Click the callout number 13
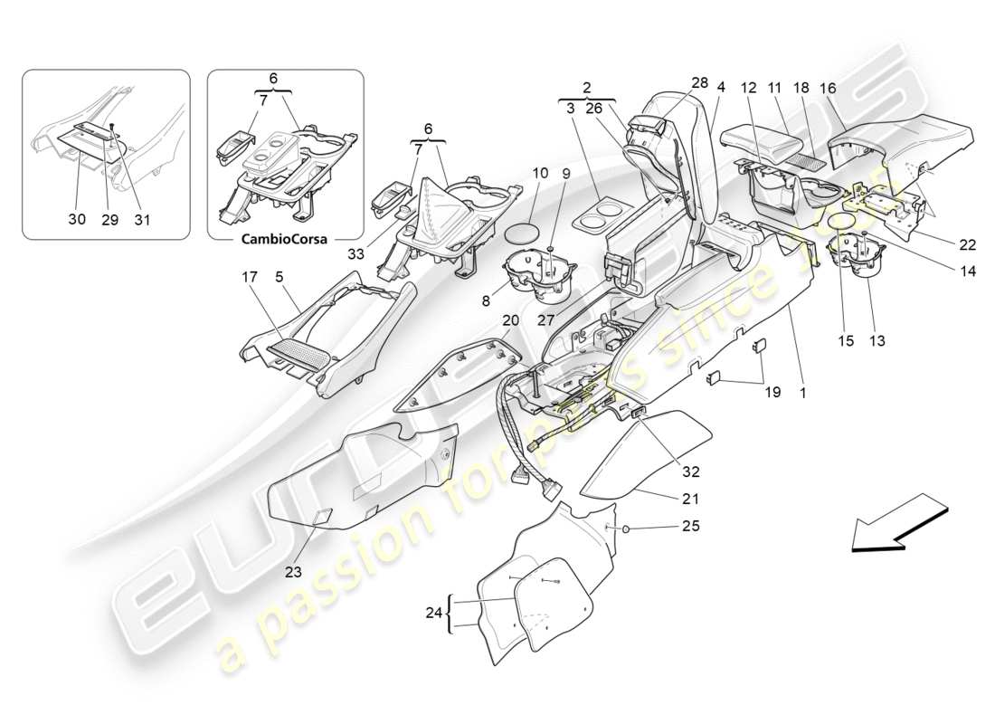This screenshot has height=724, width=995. (x=877, y=341)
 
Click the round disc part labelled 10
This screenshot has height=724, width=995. (x=518, y=230)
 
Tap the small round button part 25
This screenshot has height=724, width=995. (x=626, y=527)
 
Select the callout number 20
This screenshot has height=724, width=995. (x=510, y=319)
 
